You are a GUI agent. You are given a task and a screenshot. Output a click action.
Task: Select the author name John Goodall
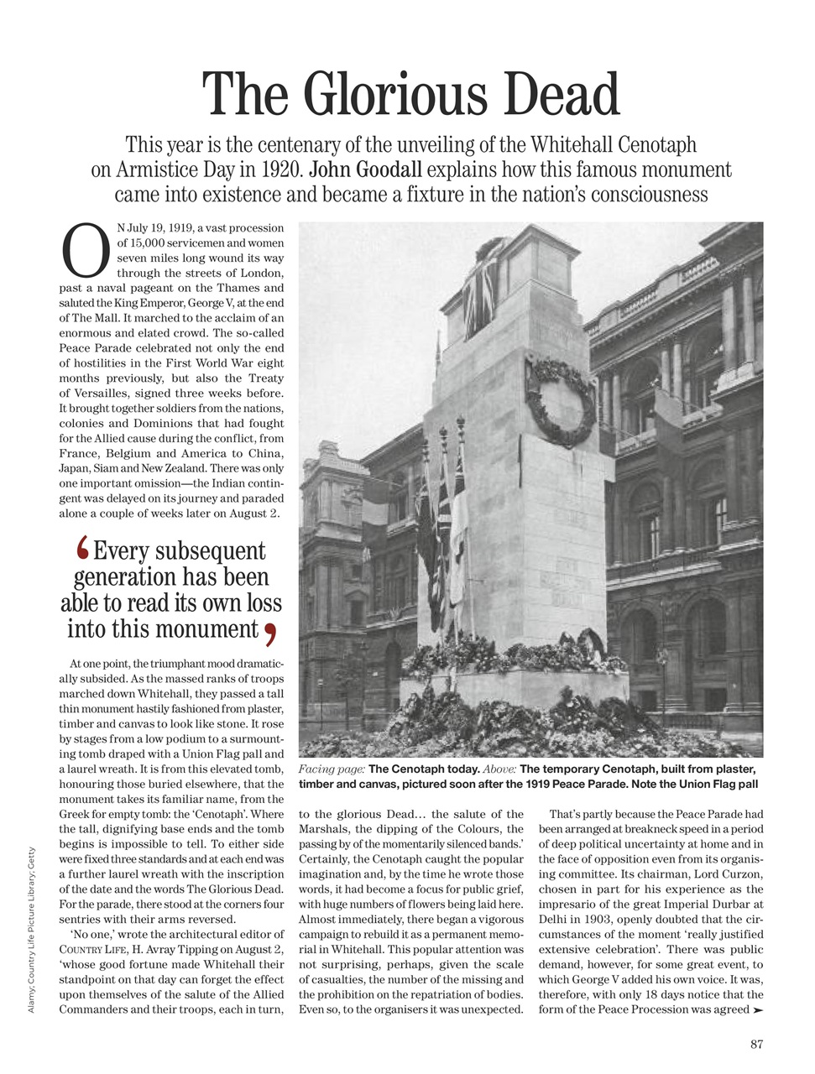click(366, 169)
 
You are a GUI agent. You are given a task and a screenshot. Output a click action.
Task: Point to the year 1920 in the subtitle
click(281, 169)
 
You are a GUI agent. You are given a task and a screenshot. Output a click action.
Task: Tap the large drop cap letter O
click(86, 250)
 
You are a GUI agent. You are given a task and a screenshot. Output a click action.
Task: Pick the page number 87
click(756, 1044)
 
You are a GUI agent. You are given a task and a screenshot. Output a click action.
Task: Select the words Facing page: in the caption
click(332, 769)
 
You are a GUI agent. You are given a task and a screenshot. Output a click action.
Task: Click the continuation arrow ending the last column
click(758, 1009)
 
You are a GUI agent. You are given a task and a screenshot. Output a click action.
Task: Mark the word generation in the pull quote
click(122, 577)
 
